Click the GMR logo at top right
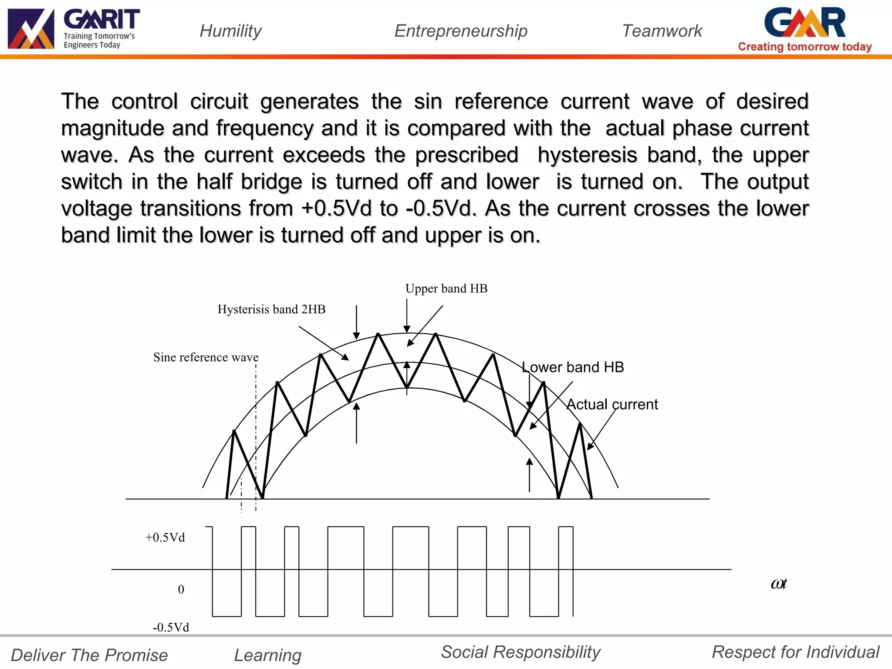click(x=805, y=23)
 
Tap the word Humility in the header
click(x=230, y=31)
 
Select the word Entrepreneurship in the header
click(x=461, y=31)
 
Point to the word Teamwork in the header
click(x=662, y=31)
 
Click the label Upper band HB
click(x=446, y=288)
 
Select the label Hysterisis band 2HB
click(x=271, y=309)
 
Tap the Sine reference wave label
click(x=206, y=357)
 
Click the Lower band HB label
click(x=573, y=367)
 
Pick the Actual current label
click(x=612, y=404)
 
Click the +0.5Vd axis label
click(x=165, y=537)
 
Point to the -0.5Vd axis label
click(x=171, y=627)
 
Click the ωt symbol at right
click(x=779, y=584)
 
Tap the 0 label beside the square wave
click(x=181, y=589)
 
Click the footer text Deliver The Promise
click(x=89, y=655)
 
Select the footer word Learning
click(x=268, y=655)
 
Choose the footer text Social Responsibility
click(x=520, y=652)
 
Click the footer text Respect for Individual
click(x=795, y=652)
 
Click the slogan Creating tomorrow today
click(x=805, y=47)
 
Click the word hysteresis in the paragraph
click(x=587, y=155)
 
